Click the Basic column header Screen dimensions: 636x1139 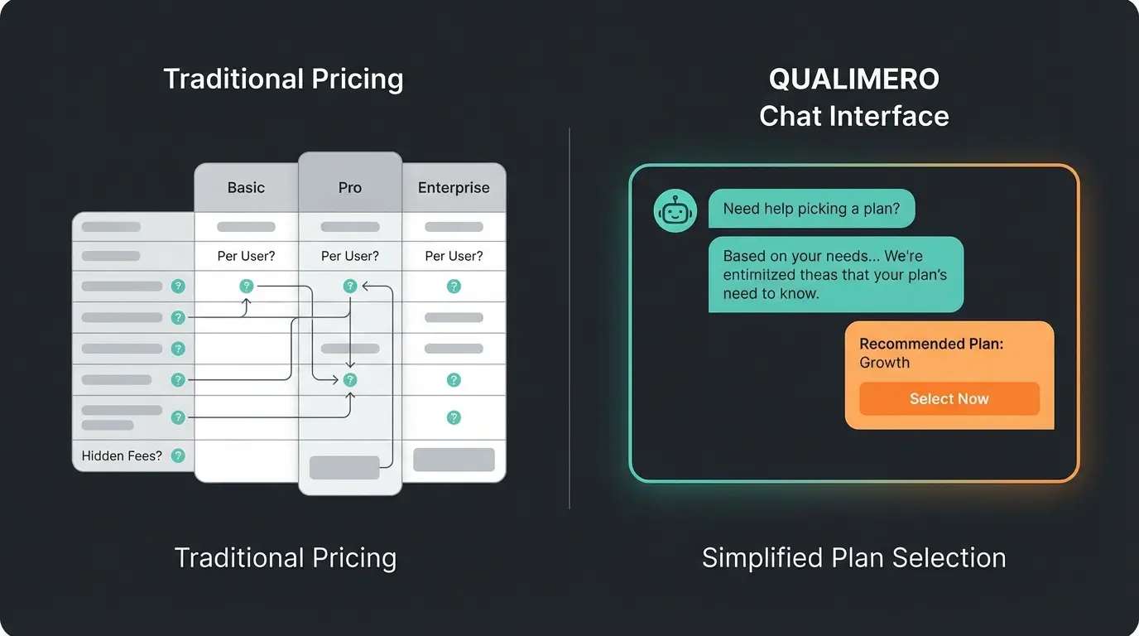click(246, 188)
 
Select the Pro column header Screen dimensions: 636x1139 click(350, 188)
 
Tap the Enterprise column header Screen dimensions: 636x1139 click(454, 188)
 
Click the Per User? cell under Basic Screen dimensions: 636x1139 click(246, 256)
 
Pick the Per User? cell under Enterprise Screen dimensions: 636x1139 click(454, 256)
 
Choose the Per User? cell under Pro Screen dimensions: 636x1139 click(350, 256)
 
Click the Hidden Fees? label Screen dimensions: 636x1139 click(122, 455)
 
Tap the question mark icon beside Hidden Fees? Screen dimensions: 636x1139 click(178, 455)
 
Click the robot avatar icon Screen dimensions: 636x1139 click(675, 211)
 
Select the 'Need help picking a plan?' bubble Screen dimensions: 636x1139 click(811, 209)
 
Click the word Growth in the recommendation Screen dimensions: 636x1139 click(884, 363)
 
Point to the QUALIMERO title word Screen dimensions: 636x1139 click(854, 79)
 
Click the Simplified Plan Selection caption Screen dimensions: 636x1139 click(853, 557)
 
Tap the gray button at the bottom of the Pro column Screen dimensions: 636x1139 click(344, 467)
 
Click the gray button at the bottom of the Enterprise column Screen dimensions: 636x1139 click(454, 460)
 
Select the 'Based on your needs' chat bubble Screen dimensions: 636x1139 click(835, 274)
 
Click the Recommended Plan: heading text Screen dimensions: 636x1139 click(931, 344)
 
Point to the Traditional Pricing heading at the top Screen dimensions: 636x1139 click(283, 79)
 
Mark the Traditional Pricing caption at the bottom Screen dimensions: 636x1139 click(286, 557)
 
